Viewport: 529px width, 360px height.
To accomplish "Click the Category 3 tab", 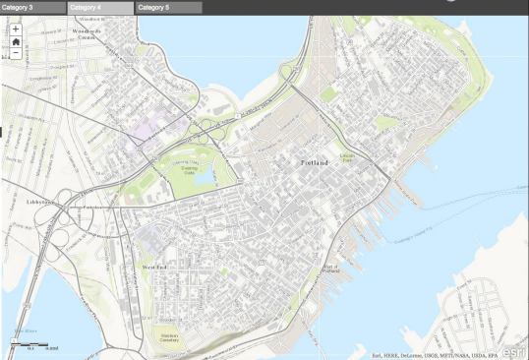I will coord(20,7).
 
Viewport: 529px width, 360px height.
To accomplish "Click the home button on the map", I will coord(16,41).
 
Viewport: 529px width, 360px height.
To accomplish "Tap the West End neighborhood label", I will coord(155,267).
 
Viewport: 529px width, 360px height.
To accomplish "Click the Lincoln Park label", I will coord(346,158).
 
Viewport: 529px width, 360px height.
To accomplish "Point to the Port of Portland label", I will coord(331,270).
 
